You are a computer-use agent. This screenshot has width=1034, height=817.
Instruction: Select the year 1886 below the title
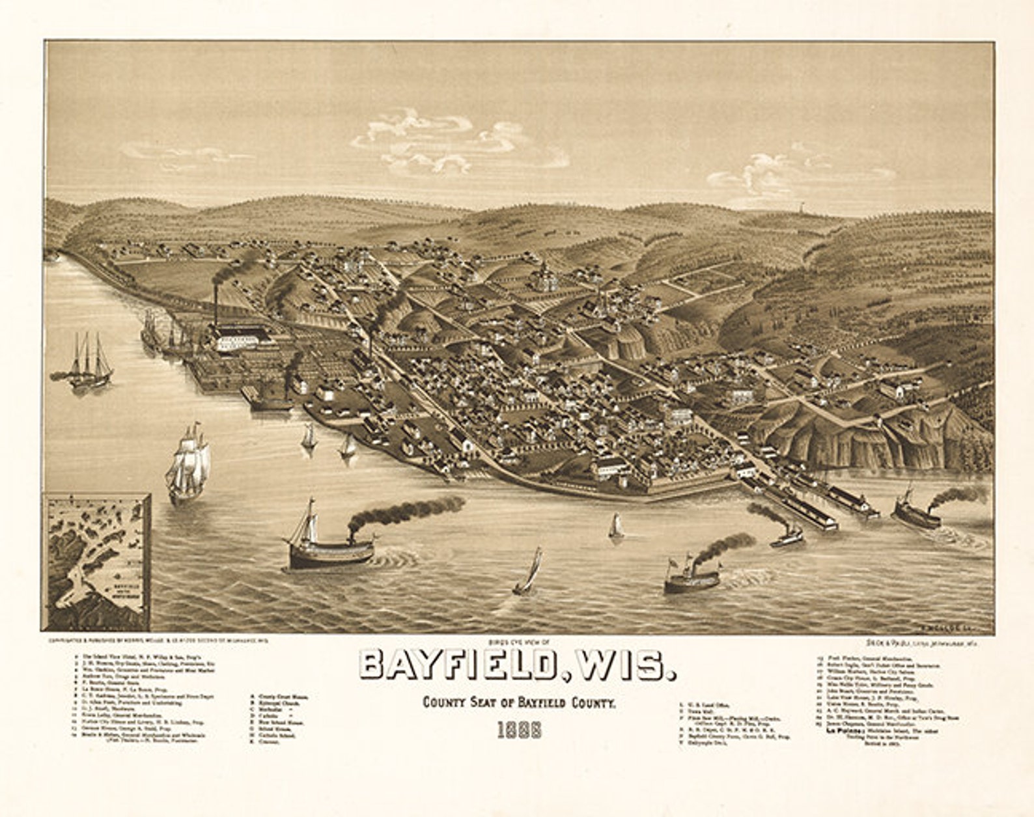point(519,730)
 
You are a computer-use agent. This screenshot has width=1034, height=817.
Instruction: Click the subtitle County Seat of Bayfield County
point(519,702)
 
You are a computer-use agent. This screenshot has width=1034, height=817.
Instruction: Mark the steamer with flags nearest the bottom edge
point(692,576)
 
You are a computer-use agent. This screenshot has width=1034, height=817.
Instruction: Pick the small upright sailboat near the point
point(615,526)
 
